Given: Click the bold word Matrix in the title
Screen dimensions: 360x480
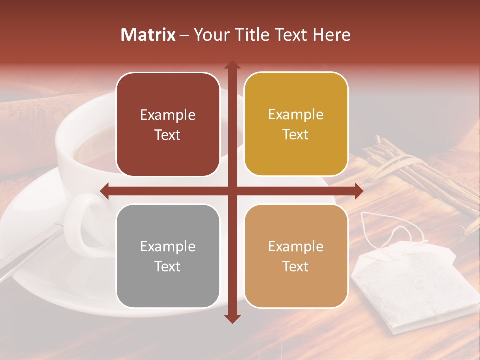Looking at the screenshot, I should click(x=148, y=35).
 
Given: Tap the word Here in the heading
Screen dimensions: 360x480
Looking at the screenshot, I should click(x=331, y=35).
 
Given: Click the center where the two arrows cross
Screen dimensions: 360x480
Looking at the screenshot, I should click(x=232, y=191).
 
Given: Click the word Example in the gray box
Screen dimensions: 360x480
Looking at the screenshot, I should click(x=168, y=246).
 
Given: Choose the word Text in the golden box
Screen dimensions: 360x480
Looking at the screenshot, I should click(x=296, y=135).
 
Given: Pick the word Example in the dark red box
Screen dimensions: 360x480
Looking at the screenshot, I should click(x=168, y=115).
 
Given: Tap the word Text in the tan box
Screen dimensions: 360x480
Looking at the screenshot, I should click(x=296, y=266).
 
